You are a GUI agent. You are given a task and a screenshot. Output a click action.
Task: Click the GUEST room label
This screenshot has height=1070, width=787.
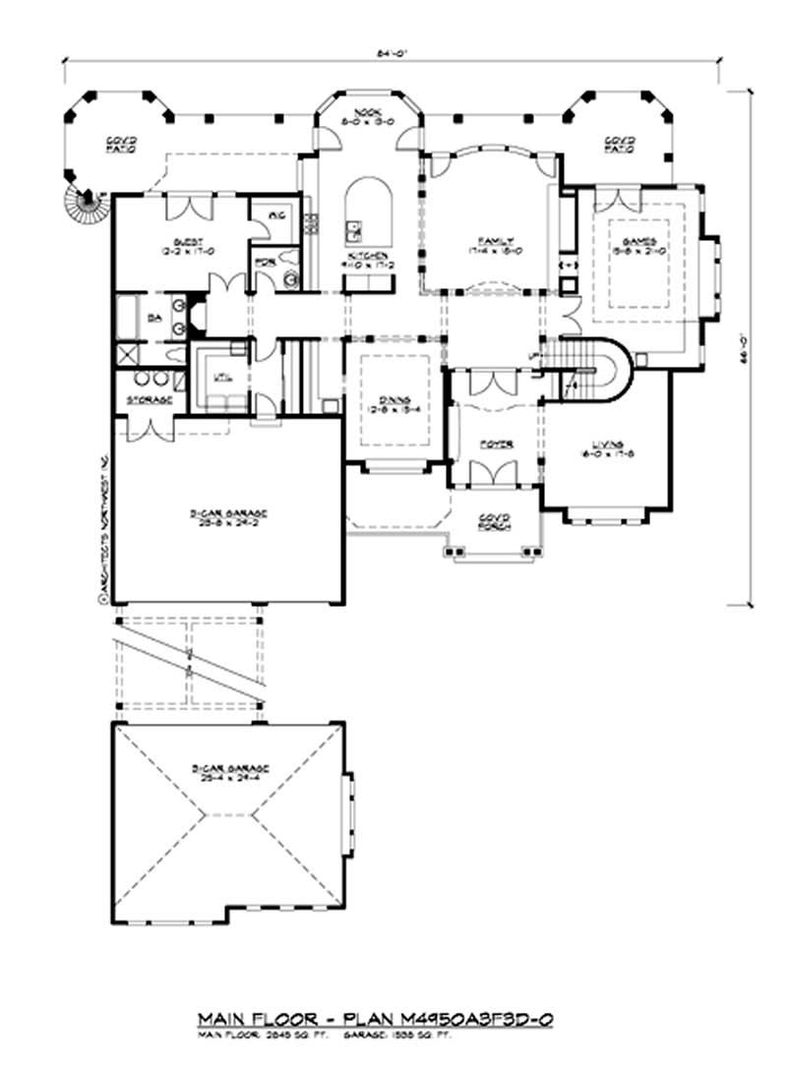pyautogui.click(x=188, y=241)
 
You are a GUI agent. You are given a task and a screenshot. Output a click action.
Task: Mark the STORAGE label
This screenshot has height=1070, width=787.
pyautogui.click(x=149, y=399)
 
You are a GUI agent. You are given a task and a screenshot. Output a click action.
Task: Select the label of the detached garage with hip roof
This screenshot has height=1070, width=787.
pyautogui.click(x=228, y=770)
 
